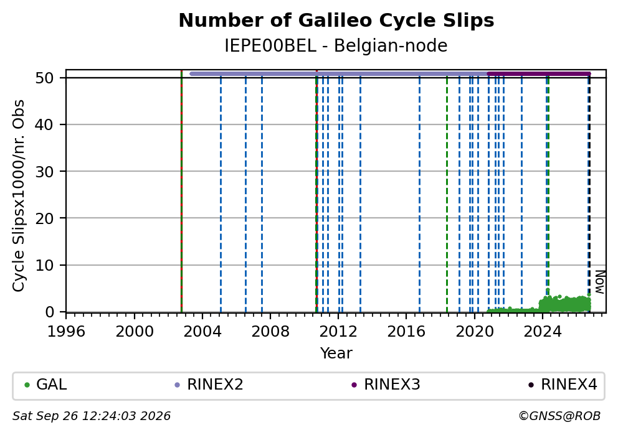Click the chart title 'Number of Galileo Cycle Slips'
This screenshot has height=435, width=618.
coord(336,21)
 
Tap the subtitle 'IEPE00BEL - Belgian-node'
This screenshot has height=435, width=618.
coord(336,45)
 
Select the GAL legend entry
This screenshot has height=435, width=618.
coord(45,385)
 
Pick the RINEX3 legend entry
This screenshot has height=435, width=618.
coord(386,385)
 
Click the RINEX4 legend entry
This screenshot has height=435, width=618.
coord(563,385)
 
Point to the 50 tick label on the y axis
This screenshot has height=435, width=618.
coord(44,78)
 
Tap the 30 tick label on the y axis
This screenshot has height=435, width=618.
coord(44,172)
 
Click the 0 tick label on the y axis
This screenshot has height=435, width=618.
coord(49,312)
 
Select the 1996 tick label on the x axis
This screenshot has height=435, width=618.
coord(66,332)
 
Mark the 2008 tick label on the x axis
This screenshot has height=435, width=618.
coord(270,332)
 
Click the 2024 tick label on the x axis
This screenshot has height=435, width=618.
coord(543,332)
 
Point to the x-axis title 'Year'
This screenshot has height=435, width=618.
coord(336,353)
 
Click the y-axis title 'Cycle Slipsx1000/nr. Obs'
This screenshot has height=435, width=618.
coord(19,195)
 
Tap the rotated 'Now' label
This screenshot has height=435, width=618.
coord(600,282)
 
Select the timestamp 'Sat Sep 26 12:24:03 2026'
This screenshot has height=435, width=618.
coord(92,416)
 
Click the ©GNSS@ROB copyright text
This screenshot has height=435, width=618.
coord(559,416)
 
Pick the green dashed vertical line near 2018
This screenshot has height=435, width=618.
coord(447,195)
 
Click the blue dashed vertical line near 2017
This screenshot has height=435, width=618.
coord(419,195)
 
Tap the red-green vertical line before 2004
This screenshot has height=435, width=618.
coord(181,191)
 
